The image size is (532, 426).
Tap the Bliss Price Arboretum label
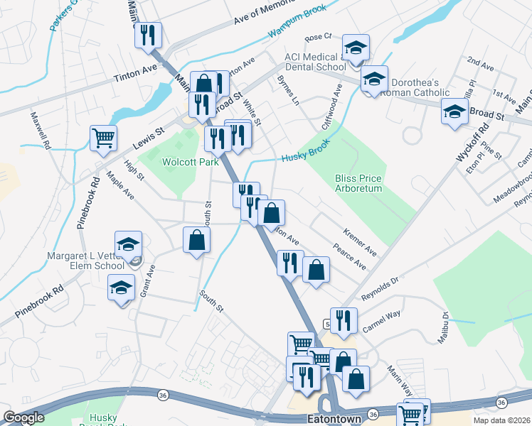[x=358, y=183]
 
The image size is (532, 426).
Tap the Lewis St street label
[x=148, y=138]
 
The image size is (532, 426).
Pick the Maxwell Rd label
[x=41, y=130]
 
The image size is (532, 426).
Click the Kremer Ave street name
[x=359, y=241]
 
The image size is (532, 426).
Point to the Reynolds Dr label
[x=381, y=284]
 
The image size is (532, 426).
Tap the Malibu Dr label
[x=446, y=325]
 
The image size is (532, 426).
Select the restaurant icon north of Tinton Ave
[x=148, y=35]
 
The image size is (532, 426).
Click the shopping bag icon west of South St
[x=196, y=240]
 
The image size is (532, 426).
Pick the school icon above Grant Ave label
[x=129, y=244]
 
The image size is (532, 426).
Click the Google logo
[x=24, y=417]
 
